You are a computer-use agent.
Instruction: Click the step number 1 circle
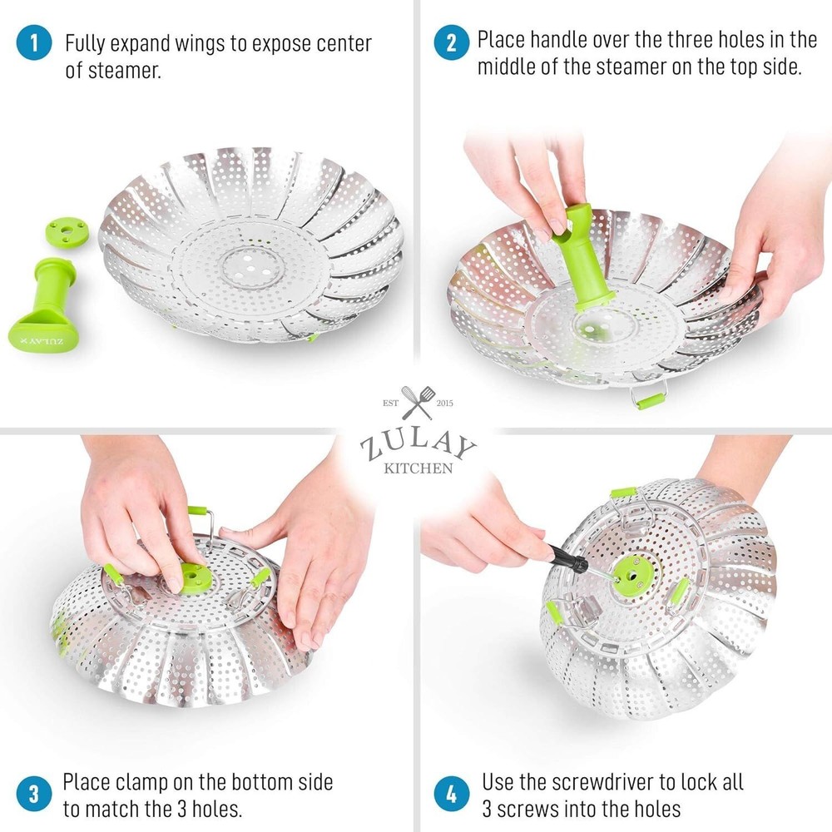click(x=33, y=43)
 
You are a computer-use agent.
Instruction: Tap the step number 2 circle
click(x=451, y=43)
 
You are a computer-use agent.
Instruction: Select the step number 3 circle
click(x=33, y=793)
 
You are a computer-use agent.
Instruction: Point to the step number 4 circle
click(x=451, y=793)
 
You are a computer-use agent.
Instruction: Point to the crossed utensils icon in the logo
click(x=417, y=403)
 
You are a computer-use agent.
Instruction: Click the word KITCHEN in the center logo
click(x=418, y=468)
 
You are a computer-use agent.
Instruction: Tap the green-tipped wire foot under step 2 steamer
click(x=649, y=399)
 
